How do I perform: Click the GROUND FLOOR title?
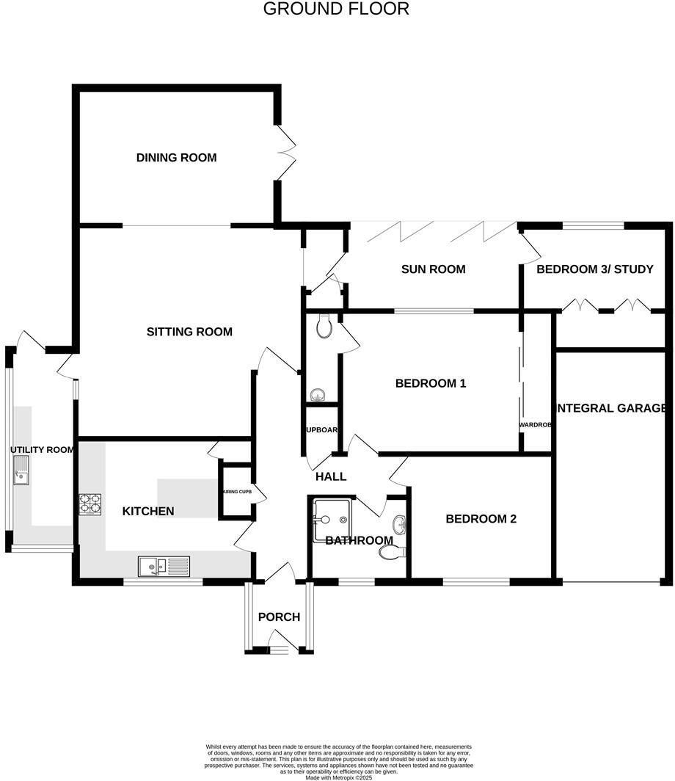[336, 9]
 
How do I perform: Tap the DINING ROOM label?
[177, 157]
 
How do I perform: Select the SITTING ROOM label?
[189, 332]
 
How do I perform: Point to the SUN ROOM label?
[433, 269]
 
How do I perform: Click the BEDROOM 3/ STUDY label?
[594, 269]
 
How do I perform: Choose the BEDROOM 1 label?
[431, 383]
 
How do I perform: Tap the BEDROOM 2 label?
[481, 519]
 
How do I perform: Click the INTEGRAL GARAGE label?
[612, 408]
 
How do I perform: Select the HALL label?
[331, 476]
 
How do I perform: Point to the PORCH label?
[279, 617]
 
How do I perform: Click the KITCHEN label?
[148, 511]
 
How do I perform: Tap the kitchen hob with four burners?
[90, 504]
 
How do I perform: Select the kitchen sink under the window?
[164, 566]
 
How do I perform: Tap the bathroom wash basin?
[398, 524]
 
